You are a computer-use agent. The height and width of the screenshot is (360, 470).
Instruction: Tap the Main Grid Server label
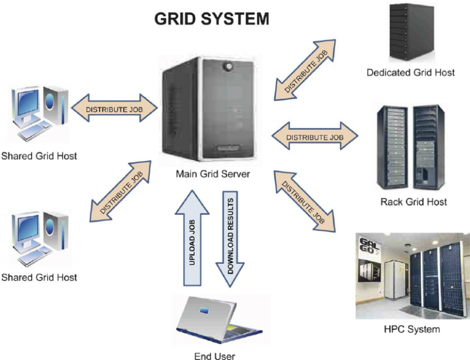[212, 174]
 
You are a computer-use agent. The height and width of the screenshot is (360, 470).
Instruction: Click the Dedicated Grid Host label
[411, 73]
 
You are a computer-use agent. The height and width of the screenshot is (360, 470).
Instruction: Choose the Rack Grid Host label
[412, 201]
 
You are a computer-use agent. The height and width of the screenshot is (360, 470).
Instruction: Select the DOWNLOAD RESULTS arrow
[231, 239]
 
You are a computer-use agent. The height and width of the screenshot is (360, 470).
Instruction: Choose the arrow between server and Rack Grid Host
[315, 137]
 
